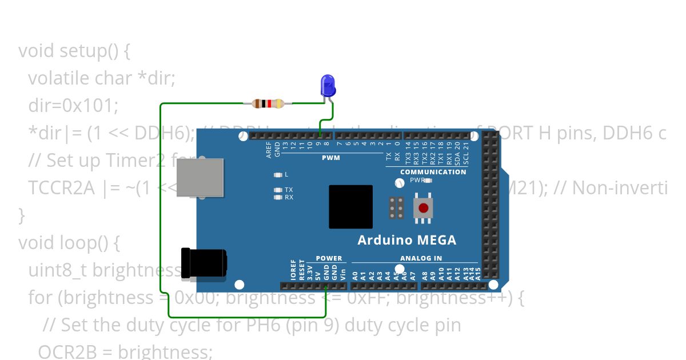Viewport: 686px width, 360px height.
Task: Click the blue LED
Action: (x=328, y=86)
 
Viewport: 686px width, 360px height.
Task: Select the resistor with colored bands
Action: (x=268, y=103)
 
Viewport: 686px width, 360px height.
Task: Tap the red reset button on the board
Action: (x=423, y=208)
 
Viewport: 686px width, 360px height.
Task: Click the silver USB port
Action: (x=200, y=177)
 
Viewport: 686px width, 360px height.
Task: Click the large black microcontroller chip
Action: (x=350, y=206)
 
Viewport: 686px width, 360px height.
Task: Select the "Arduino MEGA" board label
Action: (x=406, y=240)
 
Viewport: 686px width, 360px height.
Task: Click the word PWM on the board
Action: (x=330, y=158)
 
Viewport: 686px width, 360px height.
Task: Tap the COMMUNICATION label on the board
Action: (x=433, y=171)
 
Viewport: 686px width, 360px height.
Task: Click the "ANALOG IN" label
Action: (x=421, y=258)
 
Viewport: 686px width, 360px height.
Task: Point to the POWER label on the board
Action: (x=329, y=258)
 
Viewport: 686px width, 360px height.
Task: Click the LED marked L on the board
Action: (x=278, y=174)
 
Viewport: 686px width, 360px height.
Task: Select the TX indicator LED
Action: (x=278, y=190)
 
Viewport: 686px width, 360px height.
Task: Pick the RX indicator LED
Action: (x=278, y=197)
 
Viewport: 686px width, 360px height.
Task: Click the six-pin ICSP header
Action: (x=397, y=208)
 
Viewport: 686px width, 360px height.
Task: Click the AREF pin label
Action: (x=269, y=149)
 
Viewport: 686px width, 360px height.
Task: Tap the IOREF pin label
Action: (x=294, y=269)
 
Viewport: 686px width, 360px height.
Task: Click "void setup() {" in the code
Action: (x=74, y=51)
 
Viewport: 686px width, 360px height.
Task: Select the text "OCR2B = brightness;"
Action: (x=125, y=351)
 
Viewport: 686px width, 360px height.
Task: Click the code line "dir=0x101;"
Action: (x=73, y=106)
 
